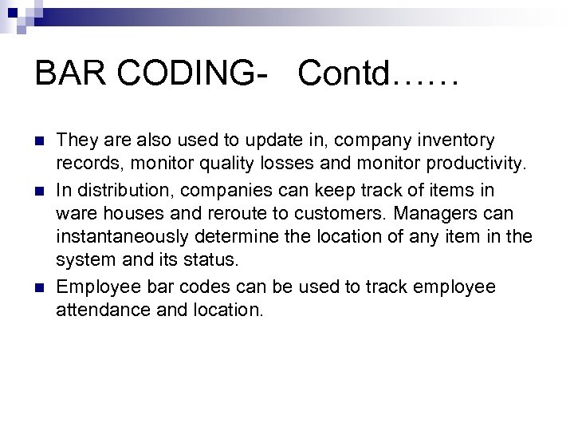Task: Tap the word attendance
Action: click(100, 308)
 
